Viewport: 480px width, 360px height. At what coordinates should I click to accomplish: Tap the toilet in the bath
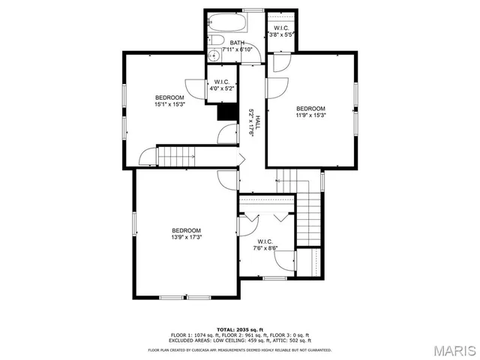click(x=213, y=40)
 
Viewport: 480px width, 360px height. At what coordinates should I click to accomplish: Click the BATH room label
click(x=237, y=43)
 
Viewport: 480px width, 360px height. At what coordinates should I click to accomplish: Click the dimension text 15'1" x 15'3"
click(x=169, y=104)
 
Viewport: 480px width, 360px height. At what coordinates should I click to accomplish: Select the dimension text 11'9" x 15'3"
click(x=310, y=115)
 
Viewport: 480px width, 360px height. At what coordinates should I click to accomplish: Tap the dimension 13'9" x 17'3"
click(x=186, y=237)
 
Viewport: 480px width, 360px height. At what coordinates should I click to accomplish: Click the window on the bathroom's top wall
click(x=253, y=10)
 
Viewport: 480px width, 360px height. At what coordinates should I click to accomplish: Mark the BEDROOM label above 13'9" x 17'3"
click(x=186, y=230)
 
